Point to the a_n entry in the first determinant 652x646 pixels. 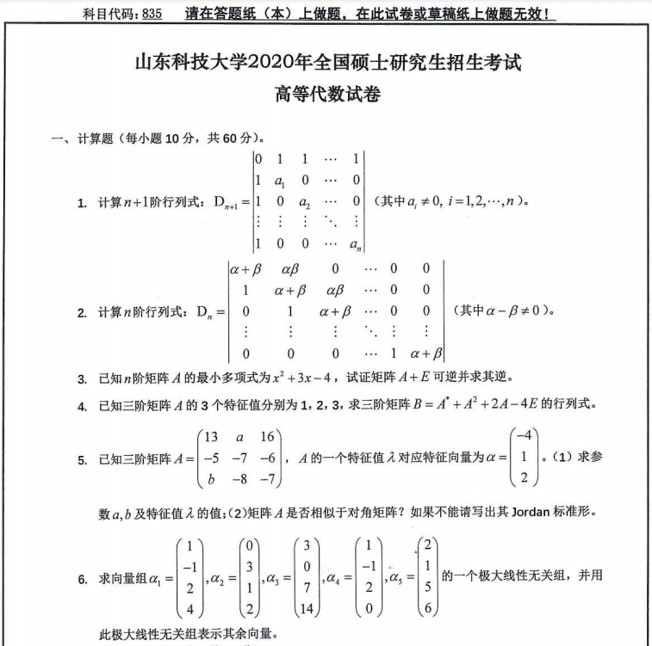click(x=353, y=244)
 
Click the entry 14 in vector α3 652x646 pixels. click(x=307, y=609)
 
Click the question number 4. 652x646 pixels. click(x=82, y=405)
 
